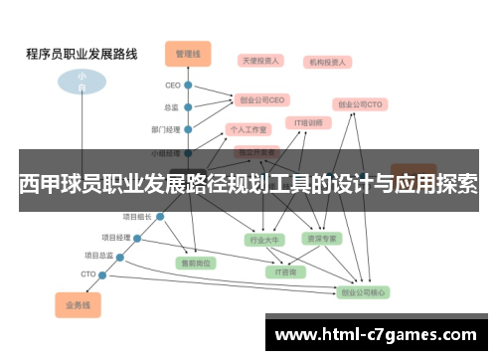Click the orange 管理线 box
(188, 52)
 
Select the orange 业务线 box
(78, 304)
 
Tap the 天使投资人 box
(261, 61)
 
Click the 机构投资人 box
(326, 62)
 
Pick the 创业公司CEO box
(261, 99)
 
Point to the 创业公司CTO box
(360, 103)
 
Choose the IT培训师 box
(308, 123)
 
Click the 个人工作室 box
(248, 129)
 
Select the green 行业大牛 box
(264, 239)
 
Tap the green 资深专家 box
(321, 239)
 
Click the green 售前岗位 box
(196, 264)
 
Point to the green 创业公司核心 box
(364, 292)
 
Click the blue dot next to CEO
(187, 86)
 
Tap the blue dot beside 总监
(187, 107)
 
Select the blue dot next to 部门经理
(187, 129)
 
